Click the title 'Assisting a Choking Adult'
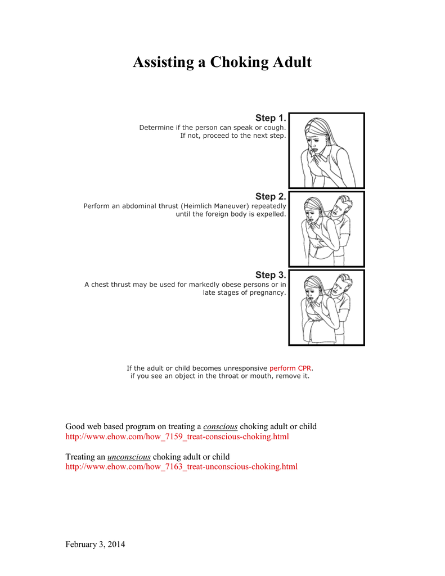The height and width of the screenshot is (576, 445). tap(222, 62)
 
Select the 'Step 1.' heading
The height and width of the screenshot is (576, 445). tap(270, 118)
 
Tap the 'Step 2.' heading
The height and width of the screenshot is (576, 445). tap(270, 196)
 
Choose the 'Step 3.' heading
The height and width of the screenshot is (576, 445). tap(270, 275)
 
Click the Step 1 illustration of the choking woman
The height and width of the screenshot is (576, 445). tap(326, 150)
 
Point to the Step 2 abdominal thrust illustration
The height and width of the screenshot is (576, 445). tap(326, 229)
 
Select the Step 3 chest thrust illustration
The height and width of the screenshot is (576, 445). tap(326, 308)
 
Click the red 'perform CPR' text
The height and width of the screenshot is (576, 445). tap(290, 368)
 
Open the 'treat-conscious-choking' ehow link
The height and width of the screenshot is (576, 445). tap(177, 436)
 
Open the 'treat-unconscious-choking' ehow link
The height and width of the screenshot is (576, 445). tap(181, 466)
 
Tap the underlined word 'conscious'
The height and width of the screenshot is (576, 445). tap(220, 426)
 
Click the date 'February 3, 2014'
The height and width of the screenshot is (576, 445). tap(95, 544)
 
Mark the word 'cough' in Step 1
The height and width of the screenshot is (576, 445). tap(274, 128)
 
